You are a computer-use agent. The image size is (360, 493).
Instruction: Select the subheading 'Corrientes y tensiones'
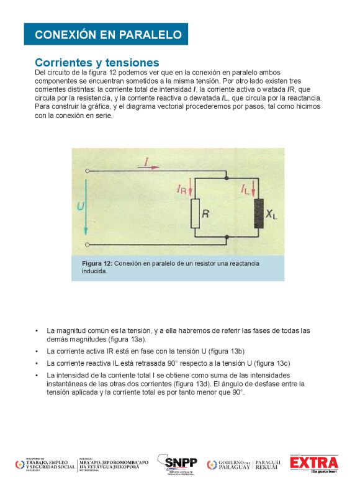[97, 63]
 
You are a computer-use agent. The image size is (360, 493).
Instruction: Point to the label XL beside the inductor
[272, 214]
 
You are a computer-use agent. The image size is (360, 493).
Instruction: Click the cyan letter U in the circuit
[79, 206]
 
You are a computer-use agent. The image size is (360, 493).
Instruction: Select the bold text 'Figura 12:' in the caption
[97, 264]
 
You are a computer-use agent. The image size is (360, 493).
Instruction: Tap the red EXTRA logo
[314, 464]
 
